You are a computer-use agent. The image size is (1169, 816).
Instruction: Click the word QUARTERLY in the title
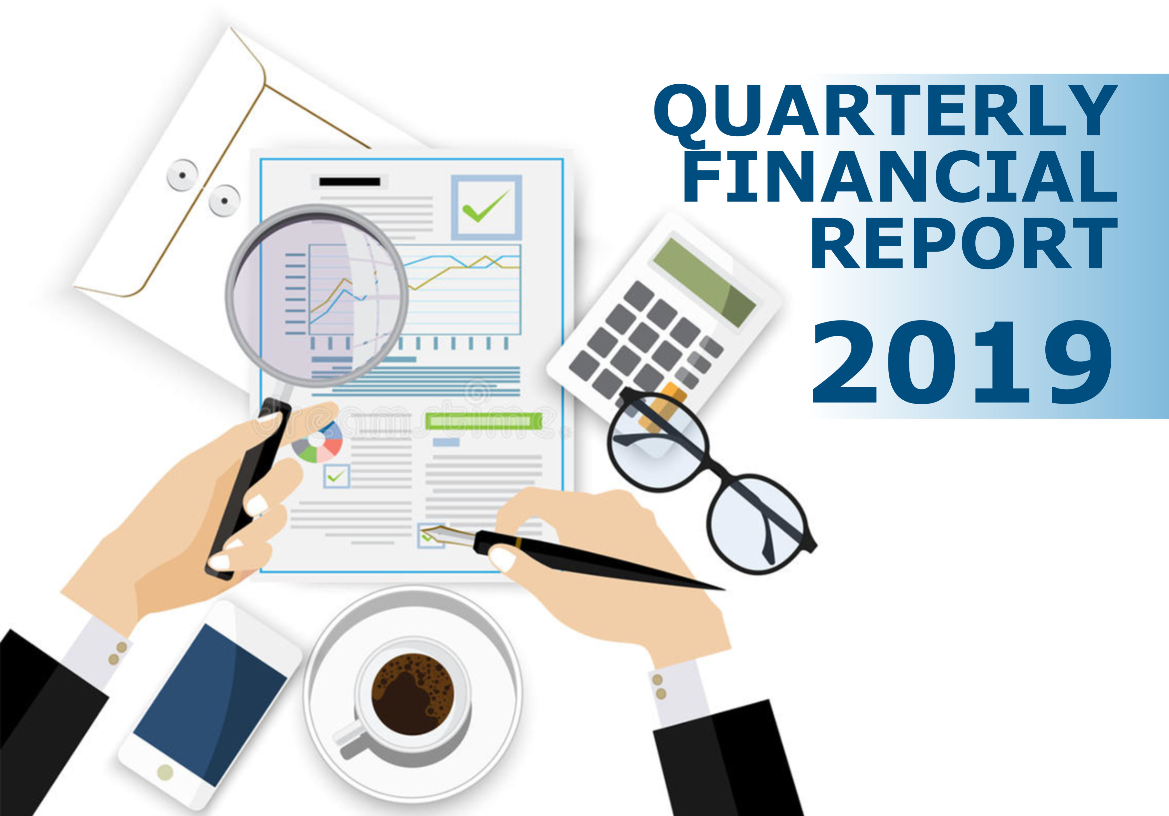pyautogui.click(x=886, y=111)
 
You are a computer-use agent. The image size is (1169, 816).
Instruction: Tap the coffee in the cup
pyautogui.click(x=413, y=694)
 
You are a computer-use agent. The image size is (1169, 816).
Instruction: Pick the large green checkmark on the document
pyautogui.click(x=485, y=206)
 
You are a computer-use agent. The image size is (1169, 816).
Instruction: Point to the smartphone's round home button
pyautogui.click(x=165, y=773)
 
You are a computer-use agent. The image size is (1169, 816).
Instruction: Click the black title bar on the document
pyautogui.click(x=350, y=182)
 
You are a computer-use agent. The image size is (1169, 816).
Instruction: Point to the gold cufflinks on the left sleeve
pyautogui.click(x=118, y=653)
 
